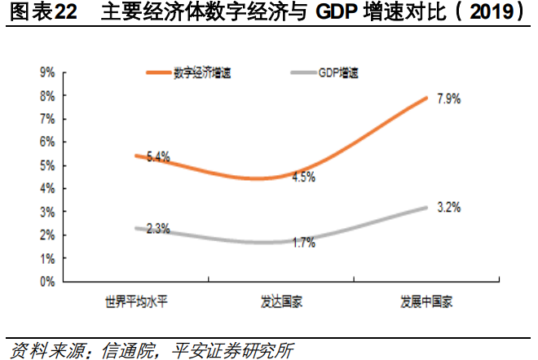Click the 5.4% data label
pyautogui.click(x=157, y=157)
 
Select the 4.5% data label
pyautogui.click(x=303, y=177)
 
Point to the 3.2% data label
pyautogui.click(x=449, y=207)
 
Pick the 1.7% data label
pyautogui.click(x=303, y=242)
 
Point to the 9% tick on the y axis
pyautogui.click(x=46, y=72)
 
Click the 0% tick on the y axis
pyautogui.click(x=46, y=281)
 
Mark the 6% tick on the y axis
pyautogui.click(x=46, y=142)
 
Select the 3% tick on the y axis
pyautogui.click(x=46, y=212)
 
